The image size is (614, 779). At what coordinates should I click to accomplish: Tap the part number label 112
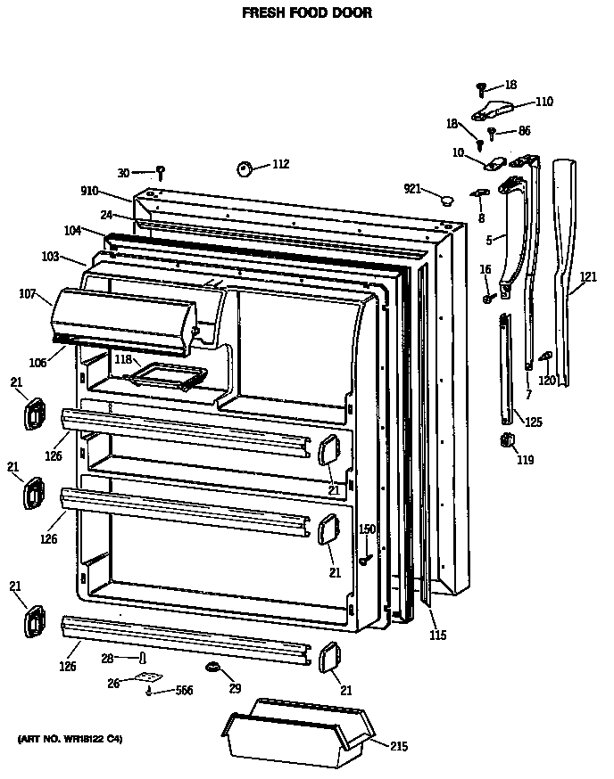(280, 164)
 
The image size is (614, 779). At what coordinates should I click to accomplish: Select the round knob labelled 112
(245, 168)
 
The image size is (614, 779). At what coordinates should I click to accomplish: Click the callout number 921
(411, 188)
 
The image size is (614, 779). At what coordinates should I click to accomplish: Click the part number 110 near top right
(543, 101)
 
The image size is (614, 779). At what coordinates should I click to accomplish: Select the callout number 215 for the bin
(399, 746)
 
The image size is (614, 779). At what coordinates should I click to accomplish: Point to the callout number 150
(367, 529)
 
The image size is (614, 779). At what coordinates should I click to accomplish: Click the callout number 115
(437, 635)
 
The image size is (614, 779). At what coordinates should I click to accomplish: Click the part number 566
(183, 690)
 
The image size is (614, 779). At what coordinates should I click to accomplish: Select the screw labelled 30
(161, 170)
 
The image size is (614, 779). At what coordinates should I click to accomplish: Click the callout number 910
(89, 191)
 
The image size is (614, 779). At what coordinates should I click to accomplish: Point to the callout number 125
(533, 422)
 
